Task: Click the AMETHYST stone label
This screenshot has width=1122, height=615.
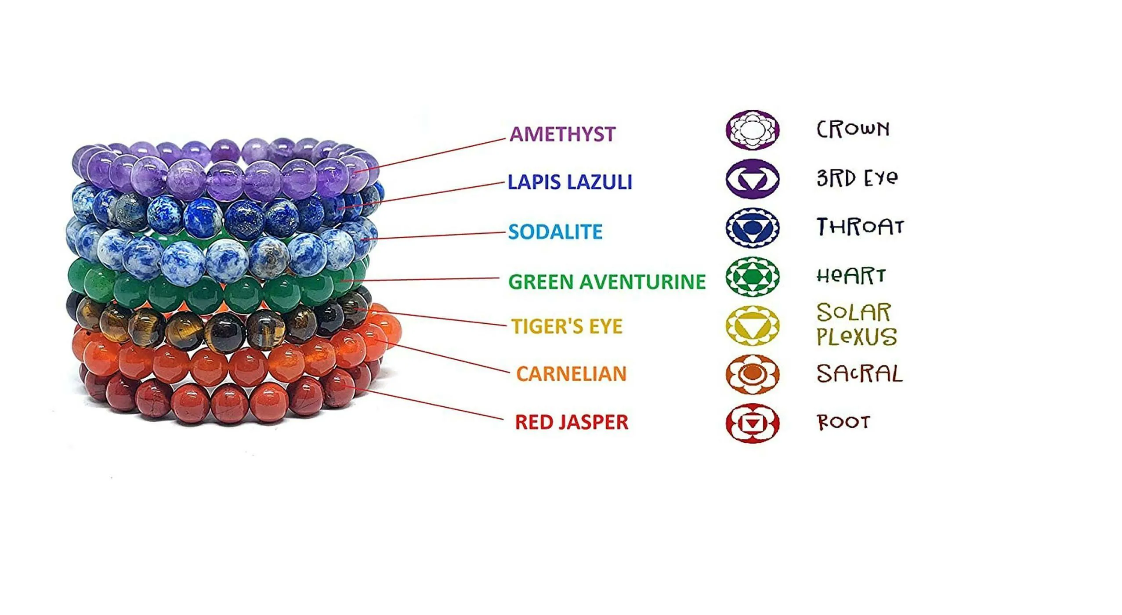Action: click(x=562, y=134)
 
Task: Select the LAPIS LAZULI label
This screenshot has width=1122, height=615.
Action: click(x=570, y=182)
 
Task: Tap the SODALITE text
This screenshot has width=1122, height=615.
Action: click(x=555, y=232)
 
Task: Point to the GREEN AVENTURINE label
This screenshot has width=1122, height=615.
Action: click(x=607, y=282)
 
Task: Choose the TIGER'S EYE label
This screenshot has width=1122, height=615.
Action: click(x=567, y=326)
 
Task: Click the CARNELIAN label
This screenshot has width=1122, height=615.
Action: click(x=571, y=374)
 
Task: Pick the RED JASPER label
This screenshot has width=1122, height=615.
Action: click(x=571, y=422)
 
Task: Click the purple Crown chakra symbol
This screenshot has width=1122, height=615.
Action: click(x=753, y=130)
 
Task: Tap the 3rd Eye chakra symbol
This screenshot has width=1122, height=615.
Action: click(x=753, y=179)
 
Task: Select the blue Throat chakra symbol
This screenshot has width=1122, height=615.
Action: click(x=753, y=228)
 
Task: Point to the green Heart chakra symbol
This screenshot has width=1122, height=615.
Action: click(x=753, y=276)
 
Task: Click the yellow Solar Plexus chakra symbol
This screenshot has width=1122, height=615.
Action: click(x=753, y=326)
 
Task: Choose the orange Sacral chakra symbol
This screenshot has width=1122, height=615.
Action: click(x=753, y=374)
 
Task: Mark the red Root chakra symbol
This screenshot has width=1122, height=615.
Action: click(x=753, y=423)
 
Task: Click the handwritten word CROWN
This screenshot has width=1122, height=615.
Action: click(x=853, y=129)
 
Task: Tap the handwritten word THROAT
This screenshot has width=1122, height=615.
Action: click(x=860, y=227)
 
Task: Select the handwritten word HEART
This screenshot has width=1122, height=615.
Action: click(x=851, y=276)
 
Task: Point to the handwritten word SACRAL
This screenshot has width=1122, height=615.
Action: click(x=859, y=374)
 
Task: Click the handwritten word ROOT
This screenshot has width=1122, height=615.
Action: click(x=843, y=422)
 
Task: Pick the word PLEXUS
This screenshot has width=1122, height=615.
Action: click(x=857, y=337)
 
